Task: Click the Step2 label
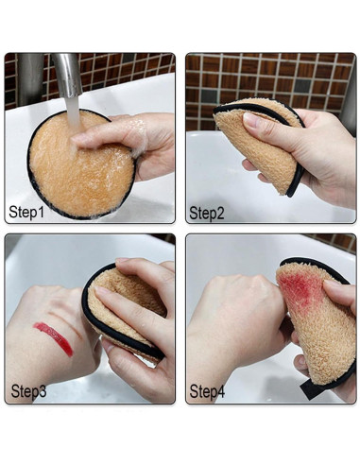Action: (x=206, y=213)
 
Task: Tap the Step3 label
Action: (x=28, y=389)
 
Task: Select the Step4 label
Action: (x=207, y=389)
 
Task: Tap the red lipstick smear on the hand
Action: (x=53, y=337)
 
